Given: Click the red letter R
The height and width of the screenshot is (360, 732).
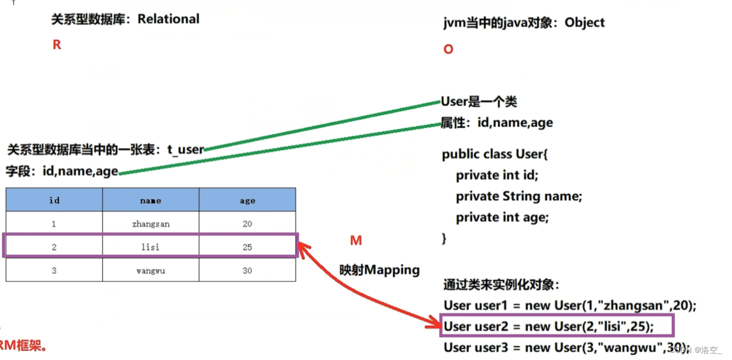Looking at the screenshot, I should (x=57, y=45).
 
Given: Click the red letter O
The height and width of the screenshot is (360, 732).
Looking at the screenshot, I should (x=448, y=49).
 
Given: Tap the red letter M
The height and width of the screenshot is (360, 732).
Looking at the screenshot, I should (x=356, y=240).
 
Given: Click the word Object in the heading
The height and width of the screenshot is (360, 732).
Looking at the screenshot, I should (x=585, y=23).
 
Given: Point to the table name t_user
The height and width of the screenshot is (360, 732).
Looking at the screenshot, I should (x=186, y=150).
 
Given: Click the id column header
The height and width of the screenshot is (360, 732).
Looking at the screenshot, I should (x=54, y=200).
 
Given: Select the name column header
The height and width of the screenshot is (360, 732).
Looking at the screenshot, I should (x=150, y=200).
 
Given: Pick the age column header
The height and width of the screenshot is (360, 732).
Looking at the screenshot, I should (x=247, y=200).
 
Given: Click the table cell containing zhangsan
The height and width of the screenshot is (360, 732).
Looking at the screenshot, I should (x=150, y=224).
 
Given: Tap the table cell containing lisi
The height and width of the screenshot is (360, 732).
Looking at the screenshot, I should (x=150, y=247).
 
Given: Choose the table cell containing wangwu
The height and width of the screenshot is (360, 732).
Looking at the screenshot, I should (x=150, y=271).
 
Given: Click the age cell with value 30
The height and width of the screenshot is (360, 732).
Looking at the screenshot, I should (x=247, y=271).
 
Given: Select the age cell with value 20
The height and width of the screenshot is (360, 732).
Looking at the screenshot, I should (x=247, y=224).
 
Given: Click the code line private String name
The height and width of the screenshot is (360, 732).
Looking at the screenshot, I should (x=519, y=196).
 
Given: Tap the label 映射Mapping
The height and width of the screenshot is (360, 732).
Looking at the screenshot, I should (x=380, y=270).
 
